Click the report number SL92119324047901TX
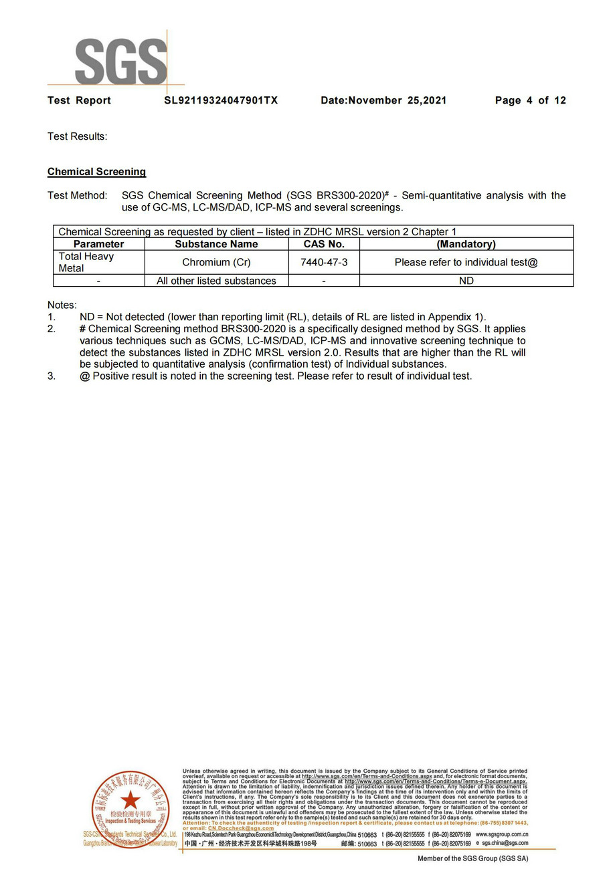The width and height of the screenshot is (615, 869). point(221,100)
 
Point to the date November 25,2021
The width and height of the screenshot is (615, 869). point(383,100)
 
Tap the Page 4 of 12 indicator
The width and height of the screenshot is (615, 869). point(530,100)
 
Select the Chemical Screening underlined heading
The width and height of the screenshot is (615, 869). point(96,172)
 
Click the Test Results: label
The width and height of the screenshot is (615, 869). point(77,136)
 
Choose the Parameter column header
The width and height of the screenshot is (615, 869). point(98,244)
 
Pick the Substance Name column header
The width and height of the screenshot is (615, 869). point(216,244)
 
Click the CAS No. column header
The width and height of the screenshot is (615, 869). point(324,244)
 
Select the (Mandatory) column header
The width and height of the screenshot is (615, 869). point(466,244)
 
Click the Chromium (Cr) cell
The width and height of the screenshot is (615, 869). point(216,262)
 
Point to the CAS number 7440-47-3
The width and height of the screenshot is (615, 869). point(324,262)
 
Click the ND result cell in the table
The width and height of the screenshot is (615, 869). point(466,281)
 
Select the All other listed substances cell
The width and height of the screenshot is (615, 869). point(216,281)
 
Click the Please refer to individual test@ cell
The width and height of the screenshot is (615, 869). point(466,262)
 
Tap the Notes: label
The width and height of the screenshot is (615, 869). point(62,305)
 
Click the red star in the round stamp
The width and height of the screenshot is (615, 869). point(130,799)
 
